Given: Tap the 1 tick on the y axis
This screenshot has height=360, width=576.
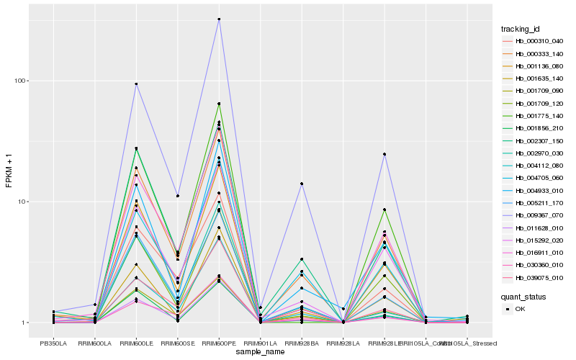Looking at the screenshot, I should coord(26,323).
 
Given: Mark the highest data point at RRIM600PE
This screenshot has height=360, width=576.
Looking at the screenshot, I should coord(219,19).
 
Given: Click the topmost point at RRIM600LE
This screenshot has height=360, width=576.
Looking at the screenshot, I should coord(136,84).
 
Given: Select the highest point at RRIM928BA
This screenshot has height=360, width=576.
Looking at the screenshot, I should coord(302,184).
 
